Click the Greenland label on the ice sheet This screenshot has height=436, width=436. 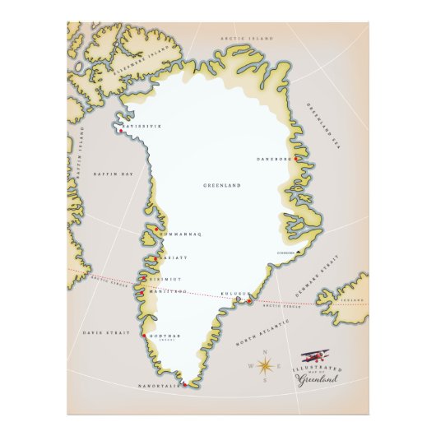point(221,186)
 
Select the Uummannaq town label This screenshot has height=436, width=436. point(181,234)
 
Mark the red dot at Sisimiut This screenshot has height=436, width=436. point(146,279)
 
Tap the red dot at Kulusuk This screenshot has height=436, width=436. point(248,301)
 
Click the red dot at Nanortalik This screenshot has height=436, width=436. point(185,384)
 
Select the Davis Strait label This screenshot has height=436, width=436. point(101,332)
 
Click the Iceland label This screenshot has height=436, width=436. point(351,300)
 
